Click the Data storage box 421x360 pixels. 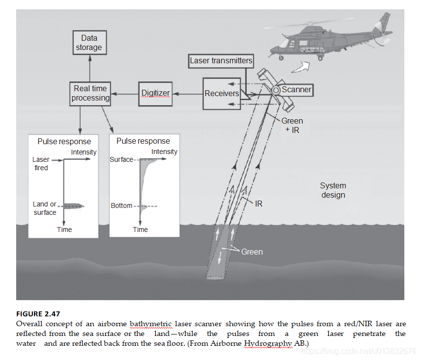[x=89, y=43]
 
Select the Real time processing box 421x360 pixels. [x=90, y=93]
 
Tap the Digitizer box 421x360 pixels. [x=155, y=93]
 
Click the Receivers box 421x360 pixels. [x=222, y=93]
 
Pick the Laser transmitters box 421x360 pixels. [x=221, y=61]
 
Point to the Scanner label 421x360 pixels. [x=297, y=90]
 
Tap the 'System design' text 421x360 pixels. [x=333, y=190]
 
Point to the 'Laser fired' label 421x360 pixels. [x=41, y=164]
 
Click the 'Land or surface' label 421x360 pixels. [x=45, y=208]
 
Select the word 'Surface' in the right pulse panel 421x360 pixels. [x=121, y=159]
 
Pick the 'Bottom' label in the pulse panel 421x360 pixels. [x=122, y=206]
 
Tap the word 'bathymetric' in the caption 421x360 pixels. [x=150, y=324]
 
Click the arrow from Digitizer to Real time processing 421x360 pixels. [x=124, y=93]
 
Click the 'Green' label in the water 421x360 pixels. [x=252, y=252]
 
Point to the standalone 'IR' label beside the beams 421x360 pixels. [x=259, y=203]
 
